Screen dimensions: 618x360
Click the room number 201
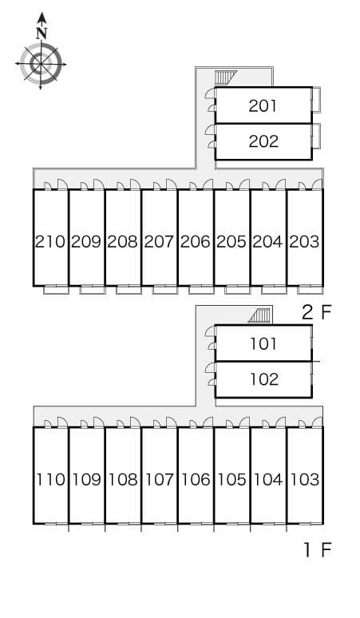point(263,105)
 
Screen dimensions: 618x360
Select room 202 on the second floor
point(263,141)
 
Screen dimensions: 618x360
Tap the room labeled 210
point(50,241)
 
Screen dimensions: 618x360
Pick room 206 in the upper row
point(195,241)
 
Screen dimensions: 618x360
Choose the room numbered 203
point(304,241)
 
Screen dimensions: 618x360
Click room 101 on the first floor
point(263,343)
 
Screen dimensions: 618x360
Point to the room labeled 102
point(263,379)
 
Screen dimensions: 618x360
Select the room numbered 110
point(50,479)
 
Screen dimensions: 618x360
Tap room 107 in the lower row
point(159,479)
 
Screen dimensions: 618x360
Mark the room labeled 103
point(304,479)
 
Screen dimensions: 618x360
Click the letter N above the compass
point(42,33)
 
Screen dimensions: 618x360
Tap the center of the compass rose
point(41,63)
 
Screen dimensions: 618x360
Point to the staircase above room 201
point(227,77)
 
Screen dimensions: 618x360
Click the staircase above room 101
point(259,315)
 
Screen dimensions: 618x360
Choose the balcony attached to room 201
point(316,101)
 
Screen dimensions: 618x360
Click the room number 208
point(122,241)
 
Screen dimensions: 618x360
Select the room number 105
point(231,479)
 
